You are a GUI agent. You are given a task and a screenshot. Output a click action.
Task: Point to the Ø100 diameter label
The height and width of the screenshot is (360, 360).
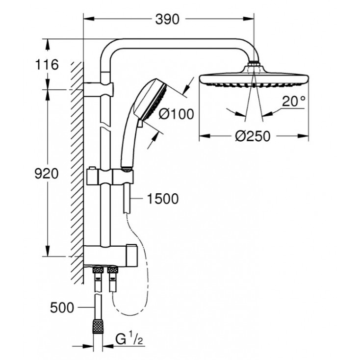coord(177,114)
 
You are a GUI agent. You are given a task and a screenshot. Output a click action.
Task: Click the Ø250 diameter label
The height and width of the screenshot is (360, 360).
coord(252,136)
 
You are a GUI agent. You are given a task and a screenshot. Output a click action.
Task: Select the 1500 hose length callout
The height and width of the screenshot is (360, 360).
coord(163,199)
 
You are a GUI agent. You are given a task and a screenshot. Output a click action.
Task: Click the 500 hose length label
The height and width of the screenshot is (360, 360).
coord(62,308)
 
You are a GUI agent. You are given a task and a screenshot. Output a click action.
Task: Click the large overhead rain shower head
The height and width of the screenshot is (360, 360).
coord(254,79)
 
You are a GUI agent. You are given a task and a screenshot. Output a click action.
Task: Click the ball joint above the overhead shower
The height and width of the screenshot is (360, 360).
coord(254,65)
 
